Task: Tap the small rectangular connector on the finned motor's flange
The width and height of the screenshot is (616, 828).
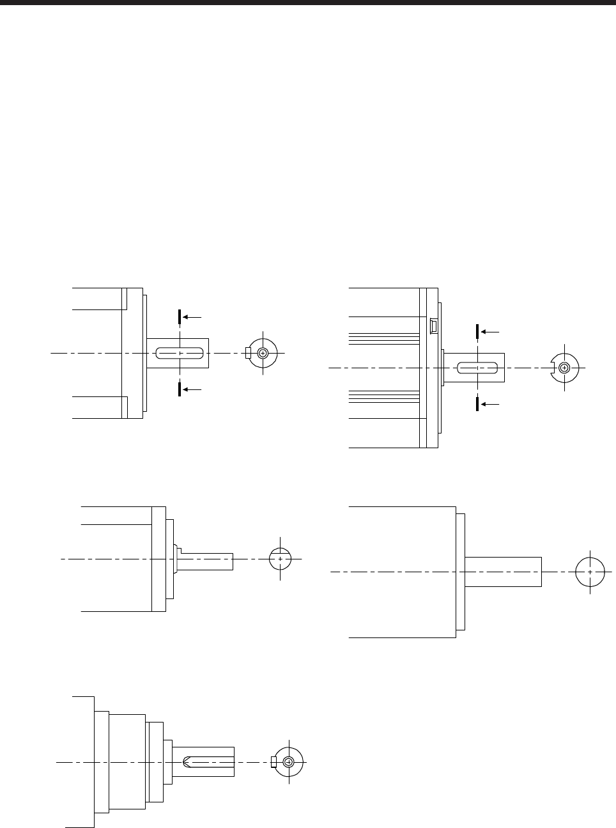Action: pyautogui.click(x=433, y=326)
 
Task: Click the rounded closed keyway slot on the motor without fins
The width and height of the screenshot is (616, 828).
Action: pyautogui.click(x=180, y=352)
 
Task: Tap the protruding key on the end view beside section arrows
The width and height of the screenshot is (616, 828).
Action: pyautogui.click(x=247, y=352)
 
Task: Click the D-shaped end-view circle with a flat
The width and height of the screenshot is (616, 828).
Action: pyautogui.click(x=281, y=558)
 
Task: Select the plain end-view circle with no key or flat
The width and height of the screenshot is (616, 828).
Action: pyautogui.click(x=590, y=571)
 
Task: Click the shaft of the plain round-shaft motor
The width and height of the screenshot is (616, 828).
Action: pyautogui.click(x=503, y=572)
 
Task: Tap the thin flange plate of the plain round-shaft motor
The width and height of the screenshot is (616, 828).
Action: pyautogui.click(x=461, y=572)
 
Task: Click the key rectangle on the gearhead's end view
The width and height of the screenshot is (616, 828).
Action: pyautogui.click(x=273, y=762)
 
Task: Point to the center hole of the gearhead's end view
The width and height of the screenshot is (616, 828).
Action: pyautogui.click(x=289, y=762)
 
